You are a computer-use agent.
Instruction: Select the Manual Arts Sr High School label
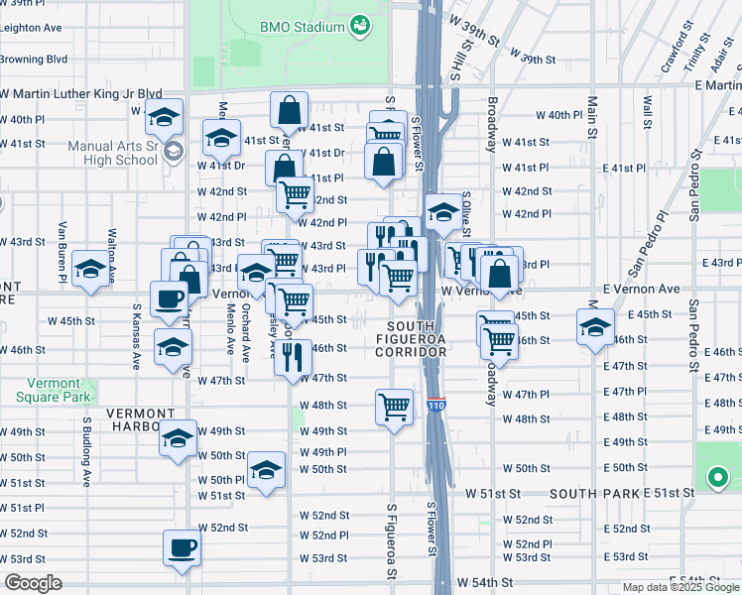pos(112,153)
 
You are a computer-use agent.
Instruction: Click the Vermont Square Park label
pos(48,390)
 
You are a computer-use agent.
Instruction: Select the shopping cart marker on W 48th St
pos(394,406)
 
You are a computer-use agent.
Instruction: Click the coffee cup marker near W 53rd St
pos(181,547)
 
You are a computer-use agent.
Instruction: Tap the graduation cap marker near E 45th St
pos(594,327)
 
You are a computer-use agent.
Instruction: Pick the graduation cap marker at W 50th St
pos(266,470)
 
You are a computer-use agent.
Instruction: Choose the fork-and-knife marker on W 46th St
pos(292,356)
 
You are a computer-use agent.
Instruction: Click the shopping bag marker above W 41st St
pos(289,110)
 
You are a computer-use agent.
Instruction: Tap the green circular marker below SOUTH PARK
pos(717,479)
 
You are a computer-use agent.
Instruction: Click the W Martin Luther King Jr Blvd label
pos(80,93)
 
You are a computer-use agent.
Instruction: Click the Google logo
pos(33,583)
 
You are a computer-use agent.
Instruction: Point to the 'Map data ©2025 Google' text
pos(680,587)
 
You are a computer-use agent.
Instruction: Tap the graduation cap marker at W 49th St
pos(178,437)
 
